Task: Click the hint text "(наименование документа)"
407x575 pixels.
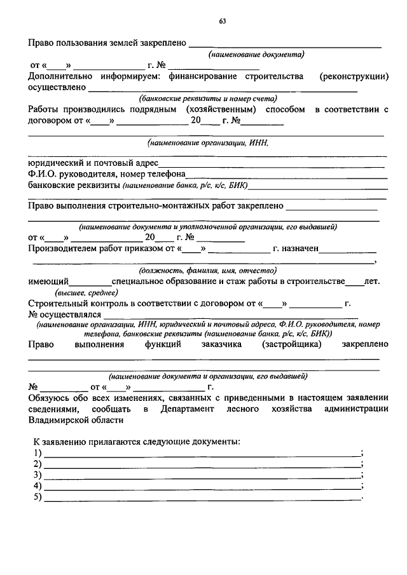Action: [x=257, y=55]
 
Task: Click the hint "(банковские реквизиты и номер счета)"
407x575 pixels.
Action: [x=208, y=98]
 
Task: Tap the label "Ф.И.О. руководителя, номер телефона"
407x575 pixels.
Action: [x=106, y=175]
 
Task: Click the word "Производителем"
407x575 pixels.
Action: [x=64, y=249]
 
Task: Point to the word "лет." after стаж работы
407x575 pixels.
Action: [x=372, y=281]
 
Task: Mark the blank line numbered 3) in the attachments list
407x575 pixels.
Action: [x=200, y=476]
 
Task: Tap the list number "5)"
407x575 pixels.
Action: [x=37, y=497]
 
